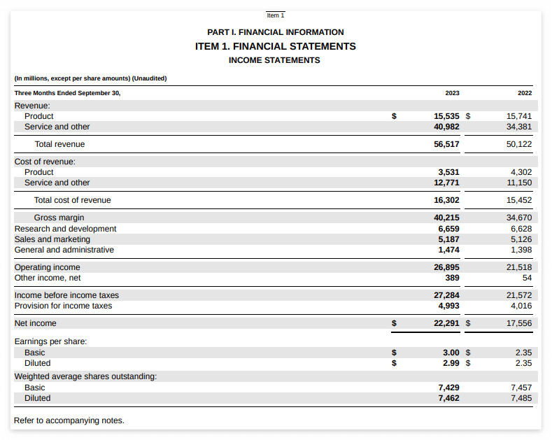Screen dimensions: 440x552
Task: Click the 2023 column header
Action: click(452, 93)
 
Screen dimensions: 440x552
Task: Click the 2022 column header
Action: click(525, 93)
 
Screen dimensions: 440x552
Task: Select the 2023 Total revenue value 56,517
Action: click(446, 144)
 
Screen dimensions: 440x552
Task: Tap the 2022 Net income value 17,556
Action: click(519, 323)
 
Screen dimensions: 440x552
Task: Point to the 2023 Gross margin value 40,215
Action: click(446, 218)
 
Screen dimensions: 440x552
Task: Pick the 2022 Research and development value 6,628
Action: click(521, 229)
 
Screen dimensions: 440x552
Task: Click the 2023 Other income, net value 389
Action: click(452, 278)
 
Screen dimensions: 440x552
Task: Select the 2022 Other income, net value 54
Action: click(527, 278)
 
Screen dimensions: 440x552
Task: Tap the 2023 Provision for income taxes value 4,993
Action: click(448, 306)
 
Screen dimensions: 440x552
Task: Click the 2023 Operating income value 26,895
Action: click(446, 267)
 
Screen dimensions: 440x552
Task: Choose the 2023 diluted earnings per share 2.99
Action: click(451, 363)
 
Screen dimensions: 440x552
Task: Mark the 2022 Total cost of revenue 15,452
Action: click(519, 200)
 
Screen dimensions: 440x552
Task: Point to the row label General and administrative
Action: click(64, 250)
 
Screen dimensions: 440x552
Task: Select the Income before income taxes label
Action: click(66, 295)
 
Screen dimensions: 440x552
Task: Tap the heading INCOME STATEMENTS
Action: click(274, 60)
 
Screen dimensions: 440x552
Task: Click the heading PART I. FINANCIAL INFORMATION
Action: click(276, 32)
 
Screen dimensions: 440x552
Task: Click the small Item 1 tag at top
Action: click(276, 15)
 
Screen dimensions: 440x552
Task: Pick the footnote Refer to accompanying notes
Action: click(69, 420)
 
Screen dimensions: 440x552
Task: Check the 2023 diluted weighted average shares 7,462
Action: click(448, 398)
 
